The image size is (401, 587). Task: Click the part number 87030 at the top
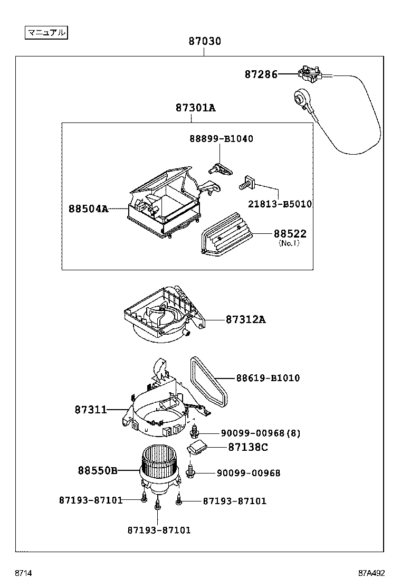tap(205, 41)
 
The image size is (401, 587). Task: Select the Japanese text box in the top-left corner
tap(46, 33)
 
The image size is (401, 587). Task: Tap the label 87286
tap(261, 75)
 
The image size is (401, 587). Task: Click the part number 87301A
tap(195, 108)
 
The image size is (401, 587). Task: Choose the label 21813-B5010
tap(280, 204)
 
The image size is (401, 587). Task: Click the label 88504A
tap(88, 209)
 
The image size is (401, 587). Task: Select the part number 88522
tap(290, 234)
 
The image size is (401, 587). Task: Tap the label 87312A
tap(246, 319)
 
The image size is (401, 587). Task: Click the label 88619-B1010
tap(268, 378)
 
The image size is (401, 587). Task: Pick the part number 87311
tap(91, 410)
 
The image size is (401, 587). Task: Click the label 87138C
tap(248, 447)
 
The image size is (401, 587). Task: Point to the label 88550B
tap(98, 470)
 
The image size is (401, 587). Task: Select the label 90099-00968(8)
tap(260, 433)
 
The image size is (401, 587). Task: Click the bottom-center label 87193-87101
tap(159, 530)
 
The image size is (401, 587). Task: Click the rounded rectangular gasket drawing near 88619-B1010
tap(208, 380)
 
